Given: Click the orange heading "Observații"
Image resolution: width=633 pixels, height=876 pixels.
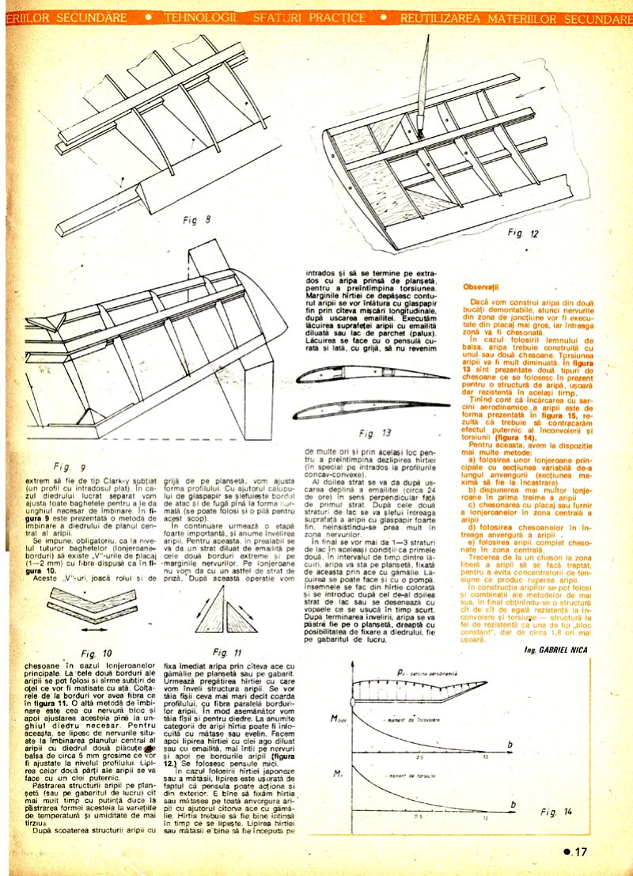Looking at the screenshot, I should click(x=482, y=286).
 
